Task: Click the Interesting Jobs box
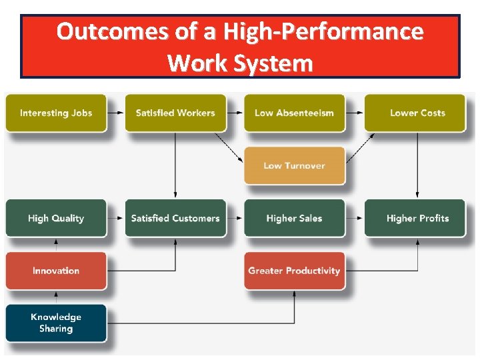point(56,113)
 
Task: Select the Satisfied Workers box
point(175,113)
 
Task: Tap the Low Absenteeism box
point(294,113)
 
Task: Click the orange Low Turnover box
point(294,165)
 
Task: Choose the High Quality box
point(56,218)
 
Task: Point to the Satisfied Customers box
point(175,218)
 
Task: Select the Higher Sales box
point(294,218)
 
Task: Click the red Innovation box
point(56,271)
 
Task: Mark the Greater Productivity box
point(294,271)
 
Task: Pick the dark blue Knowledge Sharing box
point(56,323)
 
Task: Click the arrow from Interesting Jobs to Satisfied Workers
point(116,113)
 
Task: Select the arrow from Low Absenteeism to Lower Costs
point(354,113)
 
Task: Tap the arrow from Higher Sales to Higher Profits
point(354,218)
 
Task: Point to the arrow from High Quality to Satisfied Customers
point(116,218)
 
